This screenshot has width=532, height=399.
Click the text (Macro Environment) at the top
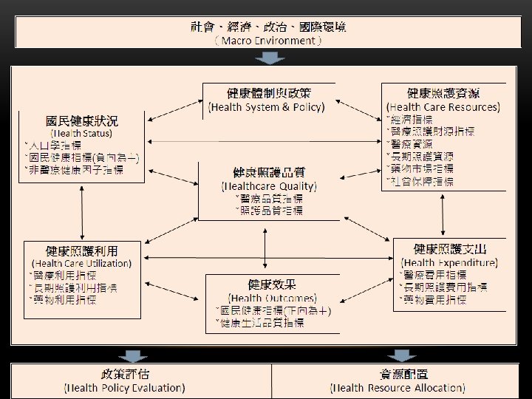[x=267, y=41]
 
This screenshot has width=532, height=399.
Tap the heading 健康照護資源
[x=443, y=93]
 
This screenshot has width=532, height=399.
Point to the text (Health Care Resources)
[x=443, y=106]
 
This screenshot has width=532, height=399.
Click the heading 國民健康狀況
[x=82, y=120]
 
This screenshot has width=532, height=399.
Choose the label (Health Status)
[x=82, y=133]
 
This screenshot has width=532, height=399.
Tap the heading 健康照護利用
[x=81, y=250]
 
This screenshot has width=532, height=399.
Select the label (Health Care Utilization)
[x=81, y=263]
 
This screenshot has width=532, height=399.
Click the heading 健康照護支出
[x=450, y=248]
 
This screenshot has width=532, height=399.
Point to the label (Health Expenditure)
[x=450, y=262]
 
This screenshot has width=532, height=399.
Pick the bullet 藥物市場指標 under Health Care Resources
[x=422, y=169]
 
